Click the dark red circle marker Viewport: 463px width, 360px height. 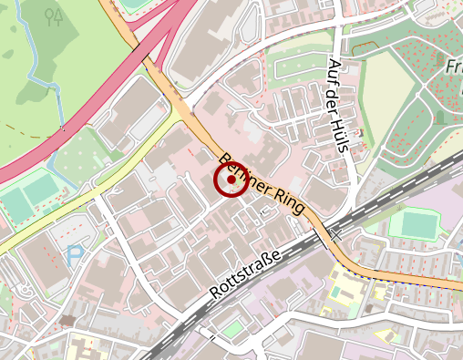point(231,180)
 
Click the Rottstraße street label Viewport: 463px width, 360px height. point(244,274)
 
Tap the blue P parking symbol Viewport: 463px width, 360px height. point(75,256)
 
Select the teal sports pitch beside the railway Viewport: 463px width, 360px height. point(419,223)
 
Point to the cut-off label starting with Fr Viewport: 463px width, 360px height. point(453,67)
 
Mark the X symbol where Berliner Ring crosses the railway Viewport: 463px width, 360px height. point(335,234)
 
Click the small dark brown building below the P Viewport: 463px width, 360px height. point(68,320)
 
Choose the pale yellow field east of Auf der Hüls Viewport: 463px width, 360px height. point(387,87)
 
